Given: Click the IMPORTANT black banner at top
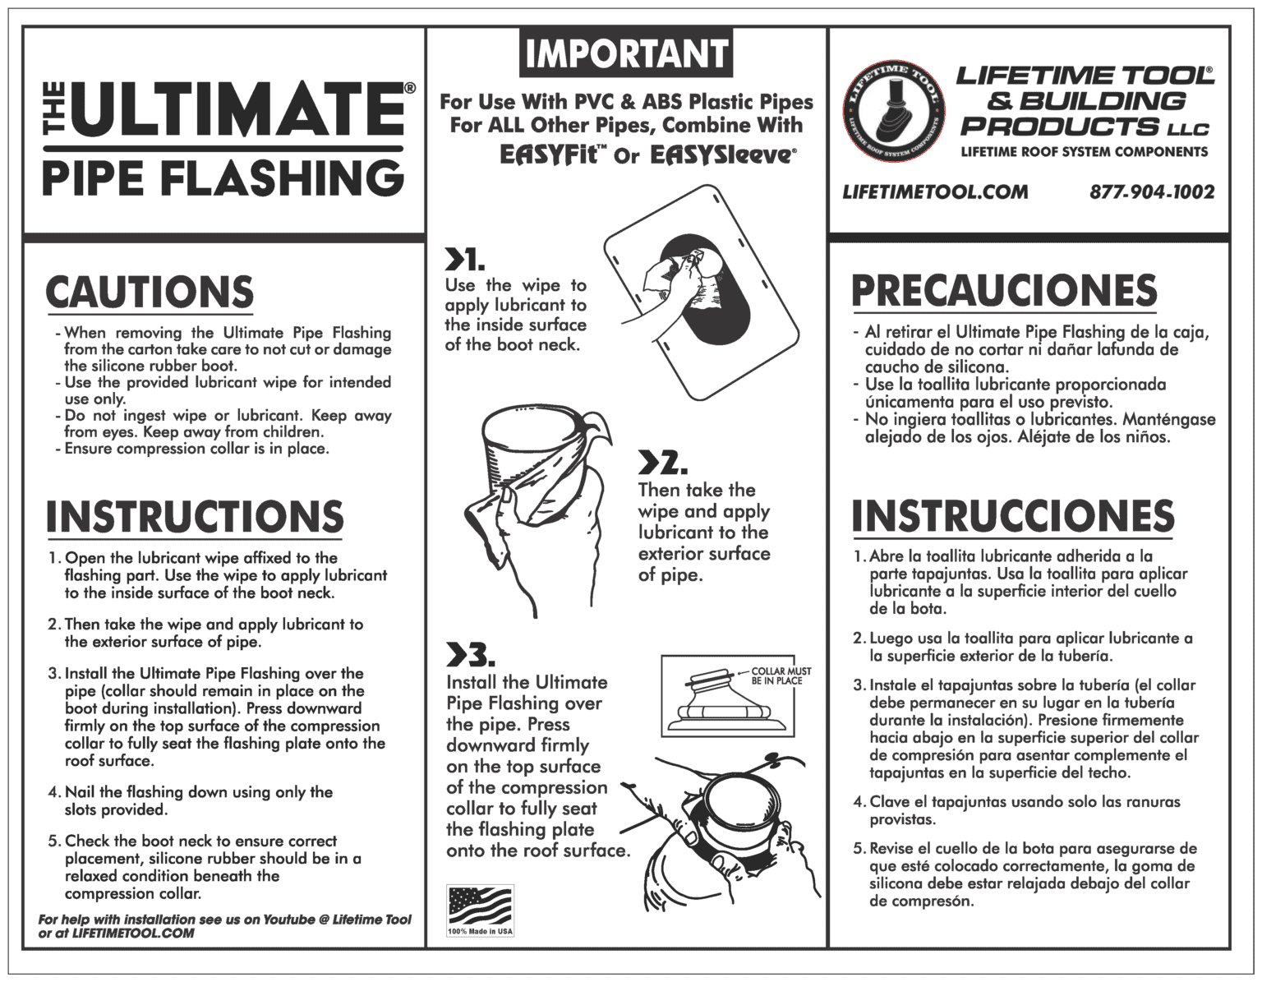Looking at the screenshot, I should click(625, 53).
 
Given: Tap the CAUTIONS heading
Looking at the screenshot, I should click(150, 293).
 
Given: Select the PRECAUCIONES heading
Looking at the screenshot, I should click(1004, 291).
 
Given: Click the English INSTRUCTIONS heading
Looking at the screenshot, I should click(195, 517).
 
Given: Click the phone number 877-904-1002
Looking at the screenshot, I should click(1152, 192).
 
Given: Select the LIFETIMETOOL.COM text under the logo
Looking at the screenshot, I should click(935, 192).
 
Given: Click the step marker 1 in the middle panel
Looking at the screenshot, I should click(464, 260).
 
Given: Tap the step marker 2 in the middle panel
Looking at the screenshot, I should click(662, 464).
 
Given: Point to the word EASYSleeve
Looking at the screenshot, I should click(722, 154).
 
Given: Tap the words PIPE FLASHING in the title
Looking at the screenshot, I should click(222, 177).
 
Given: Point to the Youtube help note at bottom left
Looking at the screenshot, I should click(223, 926).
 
